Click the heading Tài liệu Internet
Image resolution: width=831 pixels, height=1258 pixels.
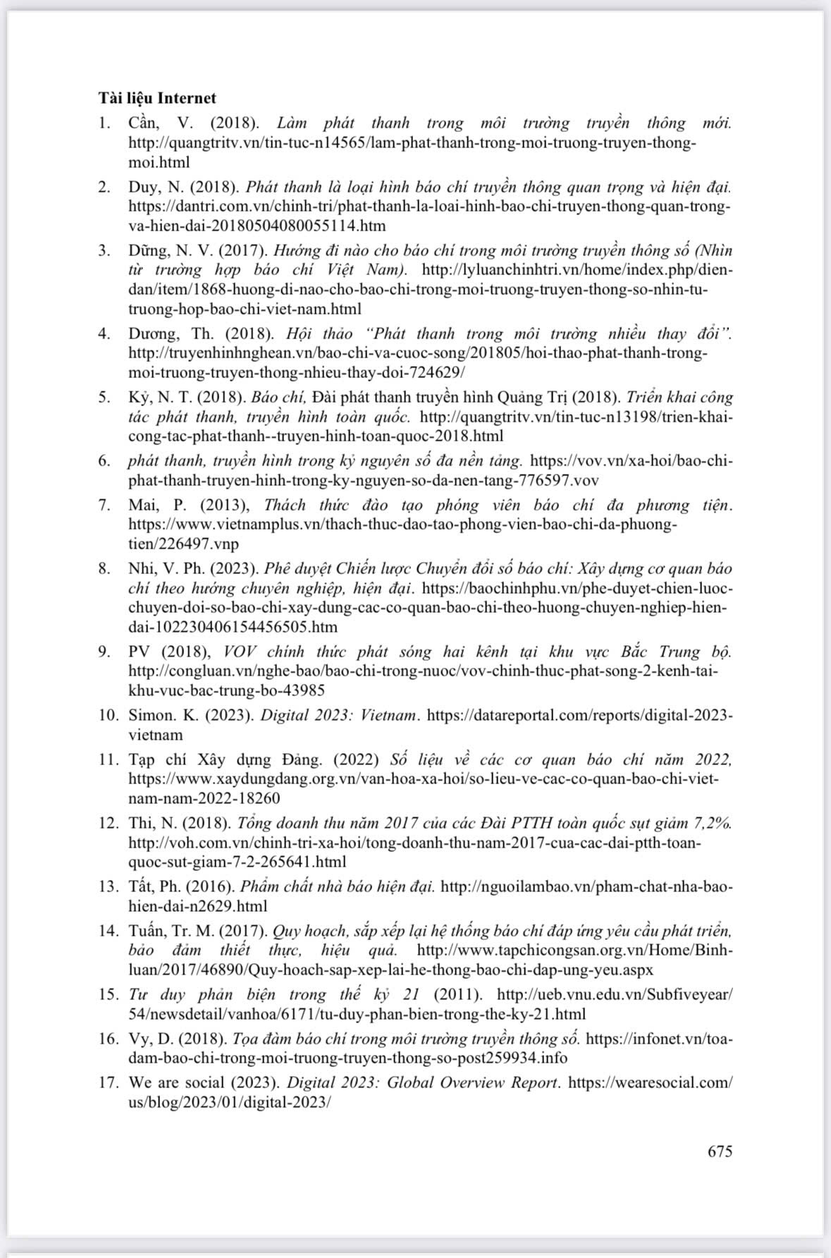157,98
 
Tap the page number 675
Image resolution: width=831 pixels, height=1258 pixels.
720,1152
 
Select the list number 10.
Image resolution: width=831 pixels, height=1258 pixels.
109,715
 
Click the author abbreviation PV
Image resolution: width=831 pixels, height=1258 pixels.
140,651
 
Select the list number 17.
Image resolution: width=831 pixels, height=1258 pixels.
109,1082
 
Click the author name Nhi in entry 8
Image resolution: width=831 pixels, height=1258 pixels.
142,569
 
